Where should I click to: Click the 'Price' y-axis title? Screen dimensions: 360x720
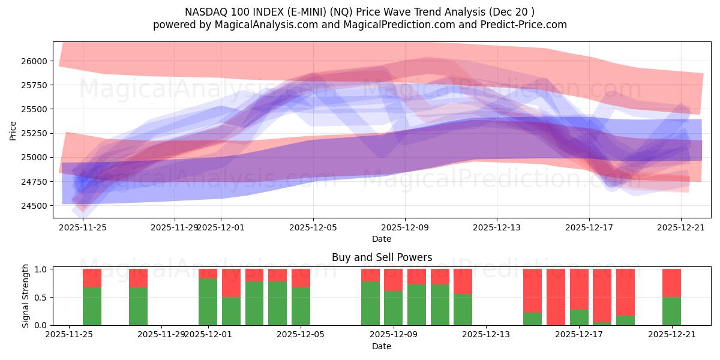pyautogui.click(x=13, y=130)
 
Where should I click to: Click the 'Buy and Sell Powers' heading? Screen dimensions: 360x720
pyautogui.click(x=382, y=257)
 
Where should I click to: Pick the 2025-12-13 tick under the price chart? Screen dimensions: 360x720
pyautogui.click(x=497, y=227)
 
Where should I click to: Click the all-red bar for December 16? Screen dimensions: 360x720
pyautogui.click(x=556, y=297)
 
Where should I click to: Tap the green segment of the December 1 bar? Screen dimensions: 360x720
pyautogui.click(x=208, y=302)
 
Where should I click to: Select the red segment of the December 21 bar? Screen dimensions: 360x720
pyautogui.click(x=671, y=283)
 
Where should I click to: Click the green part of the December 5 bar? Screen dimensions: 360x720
pyautogui.click(x=301, y=307)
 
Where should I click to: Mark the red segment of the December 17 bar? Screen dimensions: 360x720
pyautogui.click(x=579, y=289)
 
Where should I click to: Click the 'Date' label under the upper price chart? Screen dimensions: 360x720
pyautogui.click(x=382, y=239)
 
